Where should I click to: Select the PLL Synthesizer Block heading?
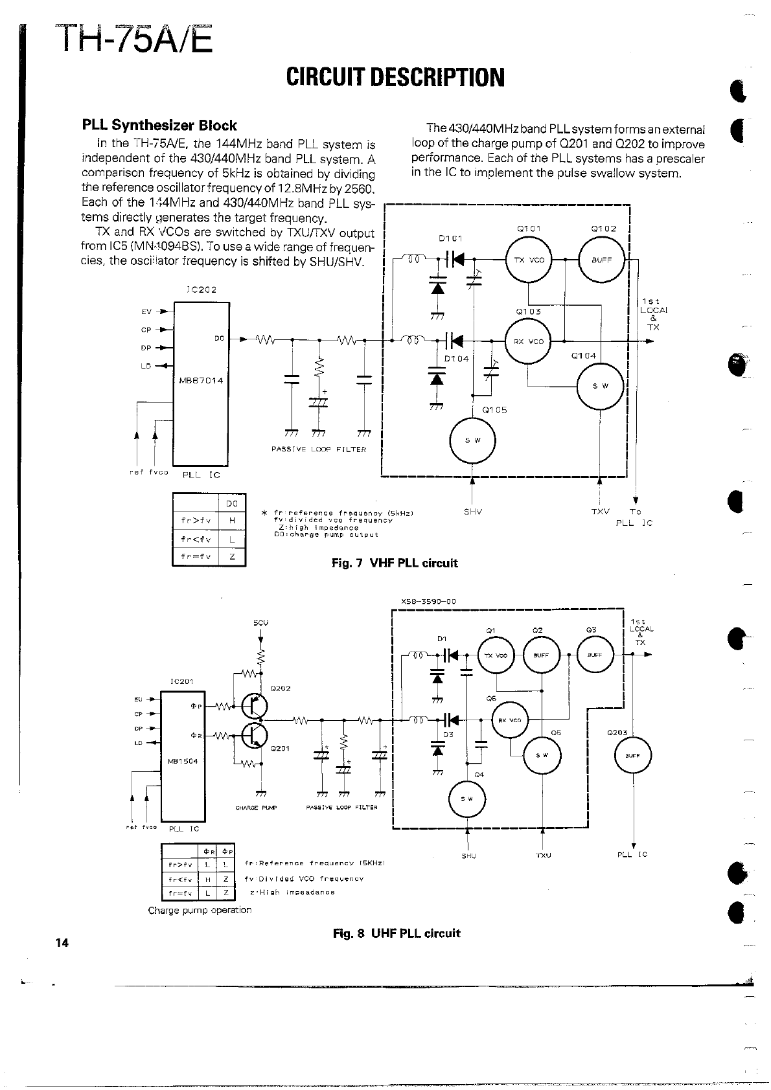click(159, 126)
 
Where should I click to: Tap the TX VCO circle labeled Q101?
click(529, 259)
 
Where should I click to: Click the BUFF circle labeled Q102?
click(602, 259)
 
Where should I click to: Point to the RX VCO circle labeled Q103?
click(529, 341)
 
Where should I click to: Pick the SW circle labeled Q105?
click(472, 440)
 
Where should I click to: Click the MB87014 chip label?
click(201, 380)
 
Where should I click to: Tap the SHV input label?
click(472, 512)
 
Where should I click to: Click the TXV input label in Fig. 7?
click(600, 512)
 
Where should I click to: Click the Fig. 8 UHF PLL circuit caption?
click(396, 933)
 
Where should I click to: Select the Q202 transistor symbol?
click(251, 707)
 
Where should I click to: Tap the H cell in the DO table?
click(232, 520)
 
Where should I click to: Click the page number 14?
click(62, 943)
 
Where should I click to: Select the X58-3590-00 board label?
click(429, 601)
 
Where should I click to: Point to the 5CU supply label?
click(260, 623)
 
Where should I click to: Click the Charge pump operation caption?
click(200, 910)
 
